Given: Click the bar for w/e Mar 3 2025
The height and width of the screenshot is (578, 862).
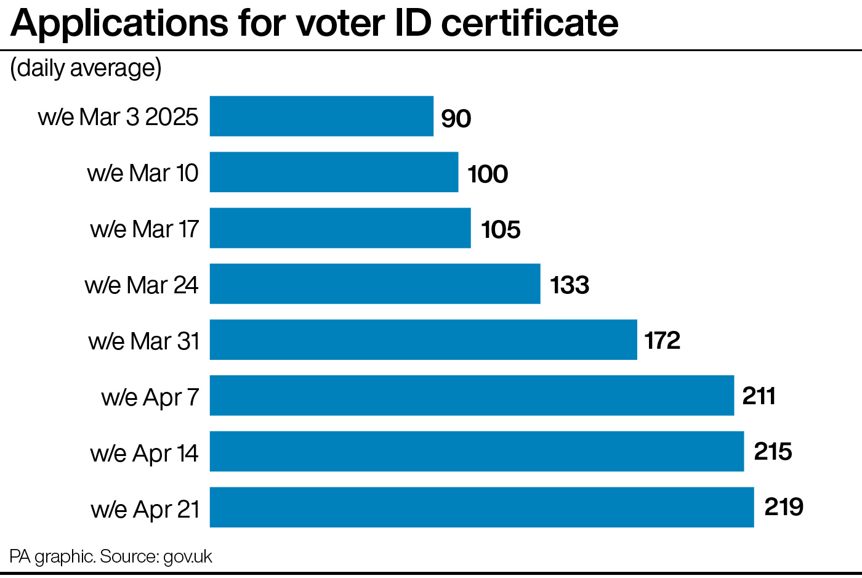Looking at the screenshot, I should pyautogui.click(x=321, y=116).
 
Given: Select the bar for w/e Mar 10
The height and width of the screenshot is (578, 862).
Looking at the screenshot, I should pyautogui.click(x=334, y=172).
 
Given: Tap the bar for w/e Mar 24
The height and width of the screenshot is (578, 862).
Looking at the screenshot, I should pyautogui.click(x=375, y=283).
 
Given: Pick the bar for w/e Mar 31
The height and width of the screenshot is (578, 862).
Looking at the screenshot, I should pyautogui.click(x=423, y=340).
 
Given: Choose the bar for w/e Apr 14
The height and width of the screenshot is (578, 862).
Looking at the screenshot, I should pyautogui.click(x=477, y=451).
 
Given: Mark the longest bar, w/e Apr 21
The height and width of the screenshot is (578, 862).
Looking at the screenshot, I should pyautogui.click(x=481, y=507).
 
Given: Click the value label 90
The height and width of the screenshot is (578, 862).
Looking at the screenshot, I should pyautogui.click(x=456, y=118).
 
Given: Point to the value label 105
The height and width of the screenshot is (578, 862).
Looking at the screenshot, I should pyautogui.click(x=501, y=230).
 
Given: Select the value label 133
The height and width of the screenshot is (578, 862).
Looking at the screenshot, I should pyautogui.click(x=570, y=285).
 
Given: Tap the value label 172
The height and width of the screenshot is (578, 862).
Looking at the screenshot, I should pyautogui.click(x=662, y=341).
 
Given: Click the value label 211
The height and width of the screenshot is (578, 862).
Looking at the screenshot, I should pyautogui.click(x=759, y=396).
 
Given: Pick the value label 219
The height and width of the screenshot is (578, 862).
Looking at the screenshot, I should pyautogui.click(x=784, y=507).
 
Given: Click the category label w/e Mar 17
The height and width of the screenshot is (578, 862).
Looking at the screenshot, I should pyautogui.click(x=144, y=229).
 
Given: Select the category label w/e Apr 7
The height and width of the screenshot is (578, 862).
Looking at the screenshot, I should pyautogui.click(x=150, y=397).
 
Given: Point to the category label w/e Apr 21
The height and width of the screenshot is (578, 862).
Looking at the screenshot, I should pyautogui.click(x=145, y=510).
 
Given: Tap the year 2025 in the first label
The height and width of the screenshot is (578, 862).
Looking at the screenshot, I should pyautogui.click(x=172, y=117).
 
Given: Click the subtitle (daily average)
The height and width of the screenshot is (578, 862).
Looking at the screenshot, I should pyautogui.click(x=86, y=68).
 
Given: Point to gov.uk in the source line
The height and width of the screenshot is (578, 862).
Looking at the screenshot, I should pyautogui.click(x=187, y=556).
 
